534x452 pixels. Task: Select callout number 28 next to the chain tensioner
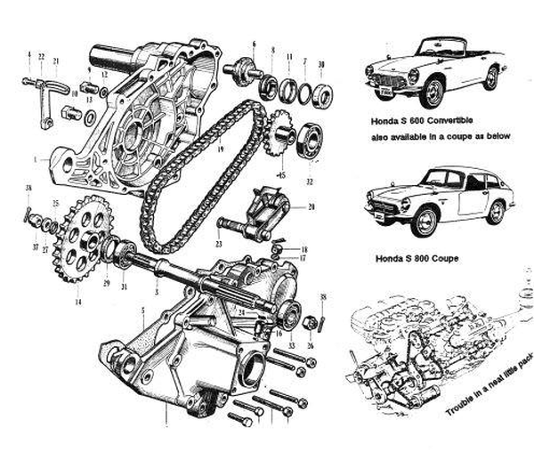click(311, 207)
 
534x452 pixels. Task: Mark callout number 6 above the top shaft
click(254, 44)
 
